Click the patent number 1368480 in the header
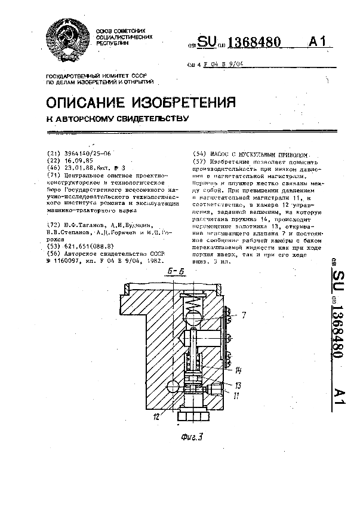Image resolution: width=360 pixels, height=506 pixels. [254, 42]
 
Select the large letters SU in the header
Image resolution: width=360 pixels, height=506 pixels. [208, 42]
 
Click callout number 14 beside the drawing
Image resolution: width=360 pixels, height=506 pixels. [238, 370]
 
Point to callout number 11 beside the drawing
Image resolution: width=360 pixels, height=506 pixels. [237, 394]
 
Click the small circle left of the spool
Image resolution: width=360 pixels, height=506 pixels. [173, 387]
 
